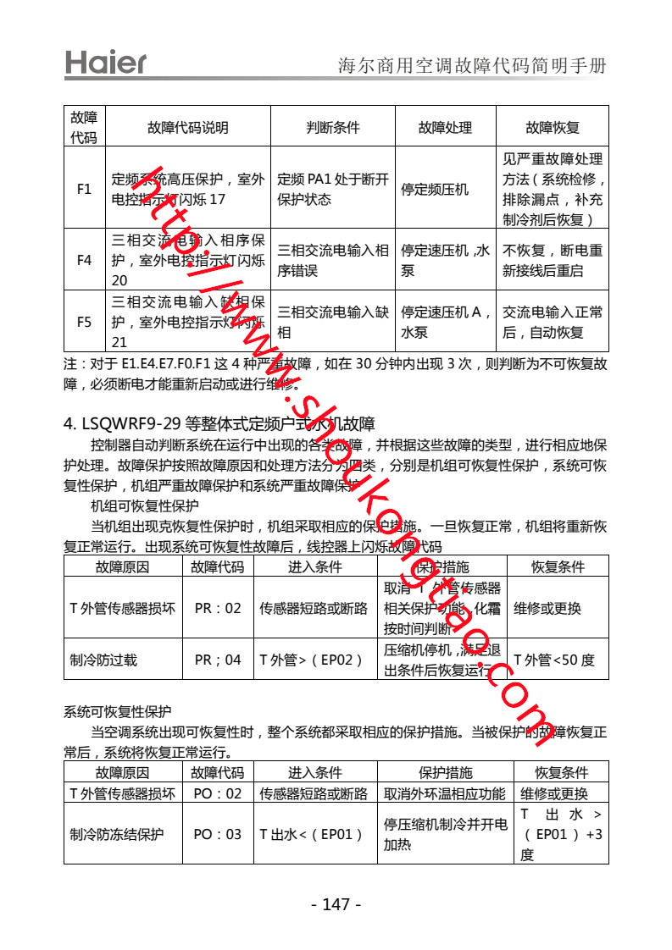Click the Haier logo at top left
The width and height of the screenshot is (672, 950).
[106, 63]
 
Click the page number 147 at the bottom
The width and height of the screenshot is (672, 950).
[336, 904]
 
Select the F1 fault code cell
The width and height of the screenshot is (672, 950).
[84, 189]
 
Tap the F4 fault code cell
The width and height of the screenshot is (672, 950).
[84, 260]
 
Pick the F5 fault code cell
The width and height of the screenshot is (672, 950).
[84, 321]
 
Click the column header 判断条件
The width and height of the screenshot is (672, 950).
[332, 127]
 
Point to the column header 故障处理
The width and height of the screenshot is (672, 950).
[445, 127]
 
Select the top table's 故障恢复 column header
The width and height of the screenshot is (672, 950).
[553, 127]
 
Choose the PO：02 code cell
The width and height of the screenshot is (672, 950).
[218, 793]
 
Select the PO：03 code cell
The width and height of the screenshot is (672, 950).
[218, 834]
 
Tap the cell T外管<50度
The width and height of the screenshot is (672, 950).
[555, 660]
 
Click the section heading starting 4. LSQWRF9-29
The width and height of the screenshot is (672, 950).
[219, 423]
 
